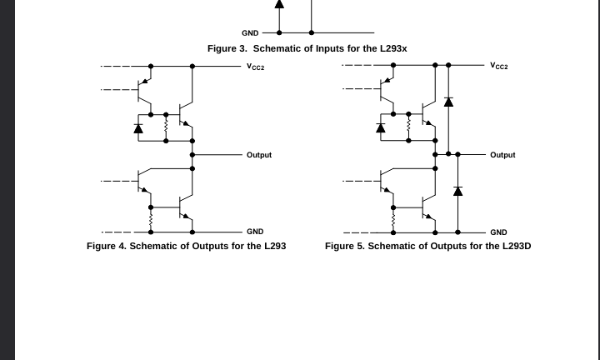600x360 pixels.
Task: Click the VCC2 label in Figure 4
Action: click(255, 66)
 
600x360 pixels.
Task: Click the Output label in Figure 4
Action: click(258, 155)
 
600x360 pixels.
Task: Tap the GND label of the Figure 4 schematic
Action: click(254, 232)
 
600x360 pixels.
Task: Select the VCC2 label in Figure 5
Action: click(498, 65)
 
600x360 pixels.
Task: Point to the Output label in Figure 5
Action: click(502, 155)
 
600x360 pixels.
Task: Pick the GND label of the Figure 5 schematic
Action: click(498, 232)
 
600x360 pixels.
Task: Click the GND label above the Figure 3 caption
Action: click(250, 33)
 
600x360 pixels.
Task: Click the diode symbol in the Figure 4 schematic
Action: click(138, 128)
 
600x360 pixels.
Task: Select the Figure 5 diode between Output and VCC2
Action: click(448, 102)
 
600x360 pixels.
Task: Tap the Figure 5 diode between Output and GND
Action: click(457, 191)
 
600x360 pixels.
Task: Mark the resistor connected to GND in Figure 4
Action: click(151, 220)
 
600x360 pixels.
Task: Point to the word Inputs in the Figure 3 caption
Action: click(332, 48)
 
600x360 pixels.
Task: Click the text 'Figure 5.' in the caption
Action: click(345, 246)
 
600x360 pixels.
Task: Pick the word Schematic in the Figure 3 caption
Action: click(281, 48)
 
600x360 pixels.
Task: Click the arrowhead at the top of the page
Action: click(279, 4)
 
